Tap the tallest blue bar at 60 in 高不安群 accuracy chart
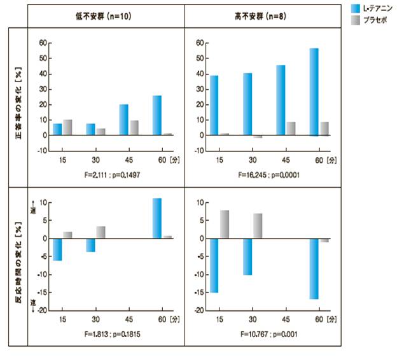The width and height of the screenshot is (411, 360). pos(314,92)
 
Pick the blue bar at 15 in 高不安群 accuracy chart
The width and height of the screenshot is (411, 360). pos(214,105)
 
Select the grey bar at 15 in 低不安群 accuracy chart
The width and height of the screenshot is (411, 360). pos(67,127)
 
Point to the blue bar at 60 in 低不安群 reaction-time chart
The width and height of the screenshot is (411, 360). pos(157,218)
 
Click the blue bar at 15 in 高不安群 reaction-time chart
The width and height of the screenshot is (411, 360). pos(214,265)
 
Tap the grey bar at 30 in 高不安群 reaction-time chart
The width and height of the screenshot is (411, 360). pos(257,226)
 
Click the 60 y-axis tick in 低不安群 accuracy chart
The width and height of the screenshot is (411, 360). pos(43,43)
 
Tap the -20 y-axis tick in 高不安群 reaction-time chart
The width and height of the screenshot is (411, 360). pos(199,310)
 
